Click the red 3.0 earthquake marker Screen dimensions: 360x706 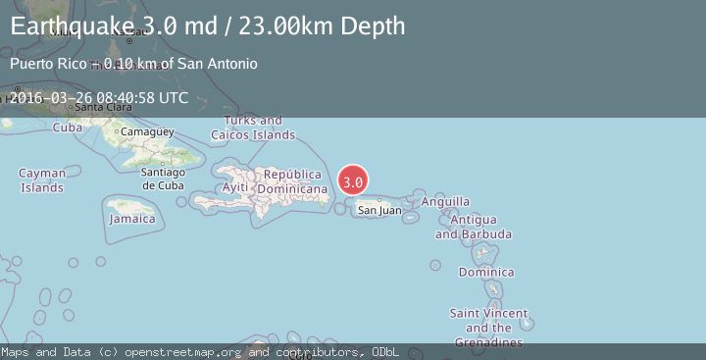353,181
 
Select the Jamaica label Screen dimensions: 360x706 131,219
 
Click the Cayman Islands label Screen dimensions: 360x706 42,180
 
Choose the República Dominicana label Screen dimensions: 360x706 292,180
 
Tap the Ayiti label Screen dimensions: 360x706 235,186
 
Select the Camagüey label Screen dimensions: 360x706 147,131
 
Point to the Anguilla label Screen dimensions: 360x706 445,201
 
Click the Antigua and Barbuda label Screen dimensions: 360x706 474,227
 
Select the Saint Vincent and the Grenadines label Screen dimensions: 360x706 488,328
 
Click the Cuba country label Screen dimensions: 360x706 67,128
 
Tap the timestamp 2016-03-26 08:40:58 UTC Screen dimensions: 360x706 99,98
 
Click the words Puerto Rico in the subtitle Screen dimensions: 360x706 43,64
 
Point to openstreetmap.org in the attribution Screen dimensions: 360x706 185,351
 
